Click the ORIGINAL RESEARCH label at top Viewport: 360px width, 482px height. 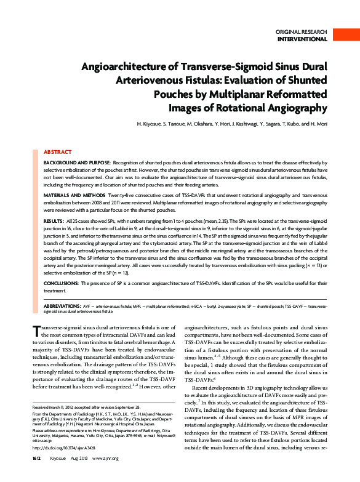pyautogui.click(x=302, y=31)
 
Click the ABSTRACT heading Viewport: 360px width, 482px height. pyautogui.click(x=57, y=151)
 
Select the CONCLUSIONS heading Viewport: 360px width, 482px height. pyautogui.click(x=62, y=283)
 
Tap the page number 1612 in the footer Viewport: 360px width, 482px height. pyautogui.click(x=37, y=475)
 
